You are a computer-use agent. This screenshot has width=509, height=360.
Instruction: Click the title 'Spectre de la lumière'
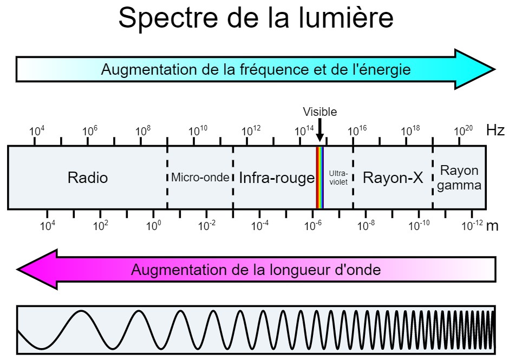click(256, 18)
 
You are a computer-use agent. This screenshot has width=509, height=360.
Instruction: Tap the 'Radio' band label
click(88, 178)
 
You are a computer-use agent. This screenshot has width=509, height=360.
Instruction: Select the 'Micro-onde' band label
click(200, 177)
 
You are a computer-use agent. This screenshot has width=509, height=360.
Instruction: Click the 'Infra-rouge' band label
click(277, 178)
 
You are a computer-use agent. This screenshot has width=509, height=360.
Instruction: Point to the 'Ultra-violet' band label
click(338, 178)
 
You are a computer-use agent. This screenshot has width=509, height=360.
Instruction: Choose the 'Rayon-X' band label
click(393, 178)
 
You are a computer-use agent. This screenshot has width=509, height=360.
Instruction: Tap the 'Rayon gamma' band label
click(459, 178)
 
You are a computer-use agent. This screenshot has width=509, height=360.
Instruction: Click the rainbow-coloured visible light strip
click(319, 178)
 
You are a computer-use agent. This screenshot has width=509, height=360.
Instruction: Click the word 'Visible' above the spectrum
click(319, 112)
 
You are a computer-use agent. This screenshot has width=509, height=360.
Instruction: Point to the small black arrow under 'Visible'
click(319, 130)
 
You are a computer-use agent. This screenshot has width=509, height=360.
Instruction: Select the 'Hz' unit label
click(495, 130)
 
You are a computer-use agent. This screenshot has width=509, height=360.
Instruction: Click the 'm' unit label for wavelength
click(492, 226)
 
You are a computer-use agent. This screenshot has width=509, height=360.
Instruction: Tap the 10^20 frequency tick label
click(463, 130)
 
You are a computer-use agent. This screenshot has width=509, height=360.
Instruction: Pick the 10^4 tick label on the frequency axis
click(37, 130)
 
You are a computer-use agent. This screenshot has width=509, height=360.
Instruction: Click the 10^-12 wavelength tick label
click(472, 225)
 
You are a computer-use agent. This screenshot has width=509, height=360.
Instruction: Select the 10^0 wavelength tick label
click(154, 225)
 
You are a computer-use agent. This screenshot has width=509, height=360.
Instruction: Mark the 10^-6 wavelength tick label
click(313, 225)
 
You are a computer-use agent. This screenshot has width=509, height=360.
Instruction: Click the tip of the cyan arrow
click(495, 69)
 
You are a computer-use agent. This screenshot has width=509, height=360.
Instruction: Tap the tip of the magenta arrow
click(17, 269)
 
